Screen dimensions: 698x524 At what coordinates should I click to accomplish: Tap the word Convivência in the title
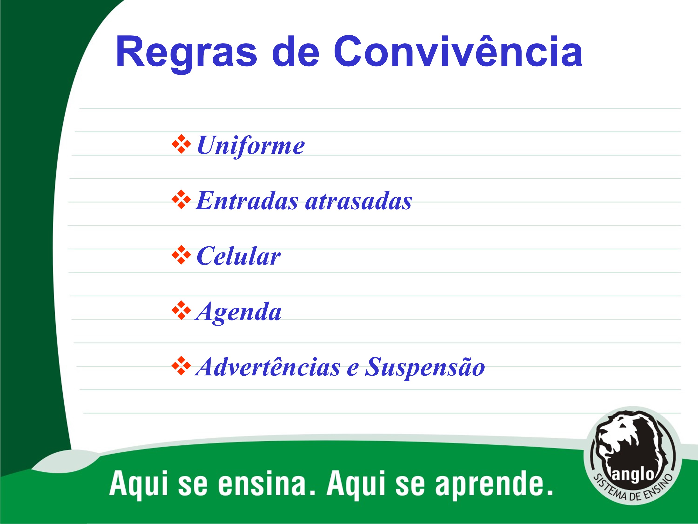click(x=458, y=51)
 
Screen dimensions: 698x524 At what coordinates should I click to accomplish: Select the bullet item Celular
click(x=238, y=256)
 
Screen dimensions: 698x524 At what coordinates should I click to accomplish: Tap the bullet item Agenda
click(x=238, y=312)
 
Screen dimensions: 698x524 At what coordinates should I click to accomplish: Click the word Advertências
click(x=268, y=367)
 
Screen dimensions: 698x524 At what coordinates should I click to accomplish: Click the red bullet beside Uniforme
click(x=181, y=144)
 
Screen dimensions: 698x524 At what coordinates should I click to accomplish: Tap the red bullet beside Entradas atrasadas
click(x=181, y=200)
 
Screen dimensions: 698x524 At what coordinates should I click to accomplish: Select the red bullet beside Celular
click(x=181, y=255)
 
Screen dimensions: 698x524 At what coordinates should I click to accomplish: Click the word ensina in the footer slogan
click(x=262, y=483)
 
